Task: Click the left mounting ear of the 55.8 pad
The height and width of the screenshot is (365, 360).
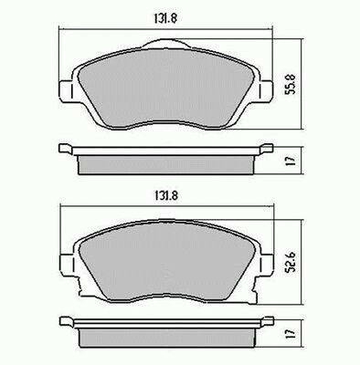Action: (65, 89)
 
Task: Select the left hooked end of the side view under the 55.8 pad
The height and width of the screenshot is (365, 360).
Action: (65, 148)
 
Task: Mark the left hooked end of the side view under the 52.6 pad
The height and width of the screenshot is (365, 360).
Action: (65, 321)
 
